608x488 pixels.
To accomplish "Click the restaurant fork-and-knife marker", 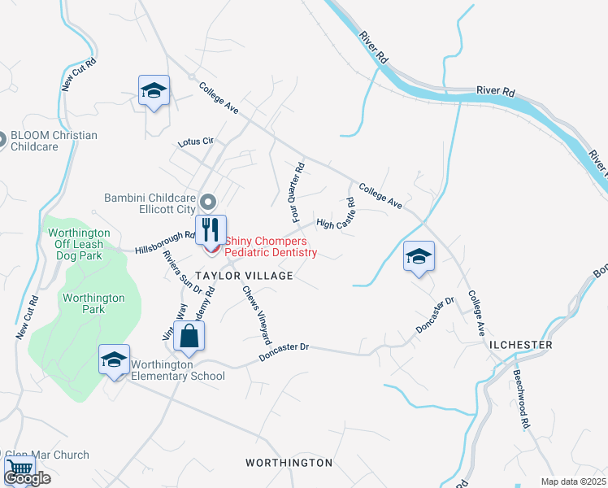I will (x=209, y=229).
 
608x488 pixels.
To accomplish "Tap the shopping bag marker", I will (x=189, y=336).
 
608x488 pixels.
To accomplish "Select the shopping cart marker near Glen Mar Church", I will (x=20, y=470).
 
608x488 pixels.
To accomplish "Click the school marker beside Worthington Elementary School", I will (x=114, y=359).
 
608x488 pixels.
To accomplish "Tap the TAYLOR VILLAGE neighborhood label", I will (x=243, y=277).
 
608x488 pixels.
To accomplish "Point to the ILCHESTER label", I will (x=521, y=345).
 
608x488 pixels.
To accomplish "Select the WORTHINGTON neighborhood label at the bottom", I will (x=289, y=463).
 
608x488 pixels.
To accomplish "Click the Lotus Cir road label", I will (x=196, y=142).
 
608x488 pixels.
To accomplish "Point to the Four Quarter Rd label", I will (x=297, y=193).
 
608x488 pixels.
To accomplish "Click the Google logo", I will (x=27, y=478).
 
